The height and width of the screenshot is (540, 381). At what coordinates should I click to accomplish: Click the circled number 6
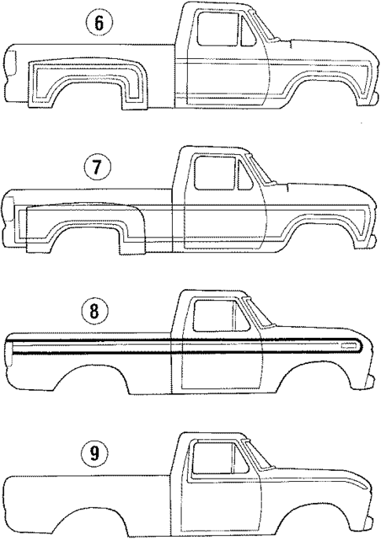click(98, 24)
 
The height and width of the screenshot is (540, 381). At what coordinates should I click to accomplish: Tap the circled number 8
click(95, 312)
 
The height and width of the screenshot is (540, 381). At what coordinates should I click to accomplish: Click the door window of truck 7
click(216, 177)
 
